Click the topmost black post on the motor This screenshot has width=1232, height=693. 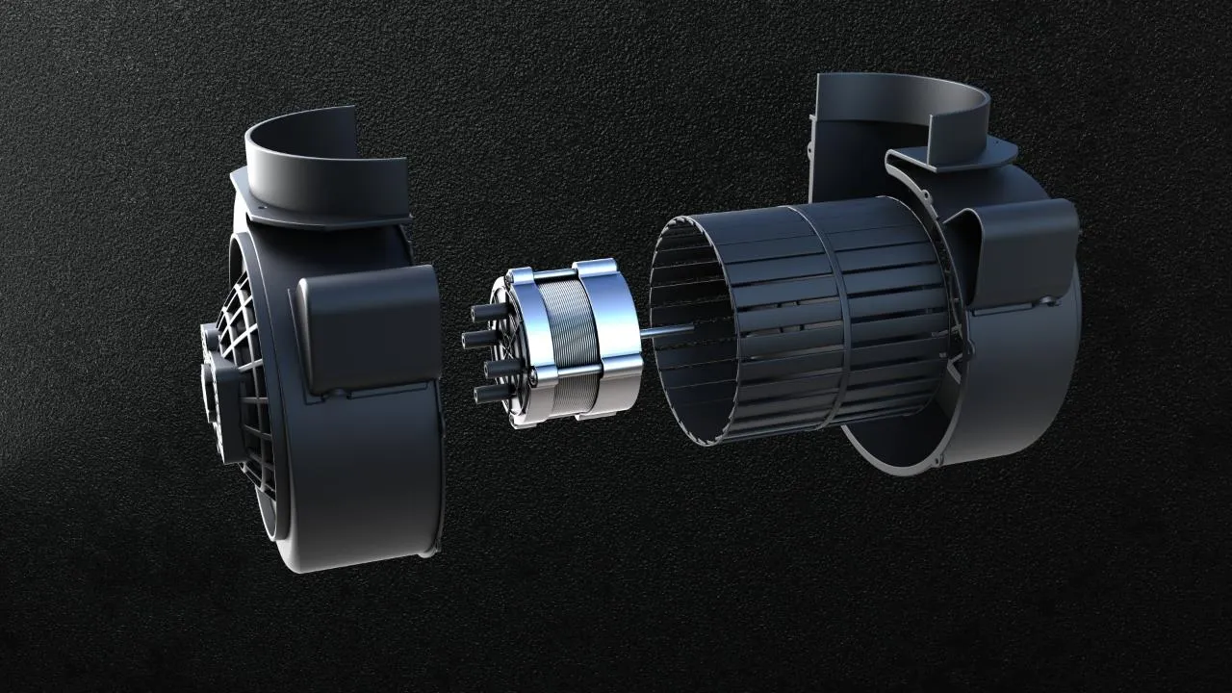484,313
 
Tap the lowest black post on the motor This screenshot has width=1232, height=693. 487,394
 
